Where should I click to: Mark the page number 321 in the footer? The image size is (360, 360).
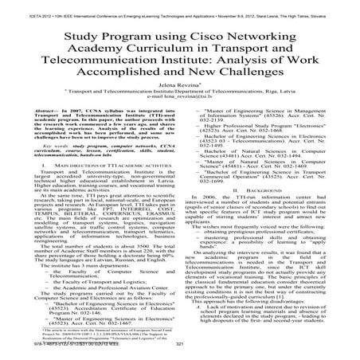[x=180, y=354]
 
